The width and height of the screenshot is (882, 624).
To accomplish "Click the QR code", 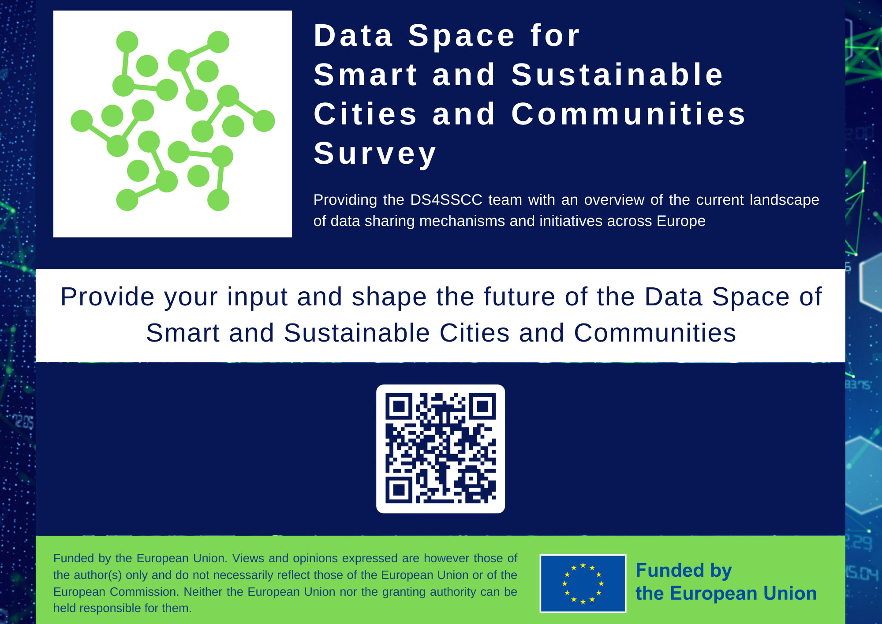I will (x=440, y=448).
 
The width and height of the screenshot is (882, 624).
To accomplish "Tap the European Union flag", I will (x=583, y=583).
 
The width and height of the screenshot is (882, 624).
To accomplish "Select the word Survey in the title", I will (x=375, y=154).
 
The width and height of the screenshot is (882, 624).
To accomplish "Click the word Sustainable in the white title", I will (x=617, y=75).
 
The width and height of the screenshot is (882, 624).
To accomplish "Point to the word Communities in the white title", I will (x=628, y=114).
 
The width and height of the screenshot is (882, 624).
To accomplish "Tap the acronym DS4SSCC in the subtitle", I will (x=446, y=200).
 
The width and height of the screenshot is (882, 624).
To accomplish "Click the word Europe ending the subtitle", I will (x=681, y=221).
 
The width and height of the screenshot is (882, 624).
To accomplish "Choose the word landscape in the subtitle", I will (x=785, y=200).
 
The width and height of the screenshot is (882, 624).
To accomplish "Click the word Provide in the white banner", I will (x=108, y=297).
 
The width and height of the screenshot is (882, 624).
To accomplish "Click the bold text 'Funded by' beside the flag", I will (x=684, y=571).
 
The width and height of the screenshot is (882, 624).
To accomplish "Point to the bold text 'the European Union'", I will (x=726, y=594).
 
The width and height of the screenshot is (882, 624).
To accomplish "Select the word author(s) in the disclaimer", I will (x=97, y=575).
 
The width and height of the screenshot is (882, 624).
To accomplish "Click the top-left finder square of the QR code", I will (x=399, y=406).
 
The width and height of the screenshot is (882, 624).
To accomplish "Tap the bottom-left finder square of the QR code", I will (x=399, y=490).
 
